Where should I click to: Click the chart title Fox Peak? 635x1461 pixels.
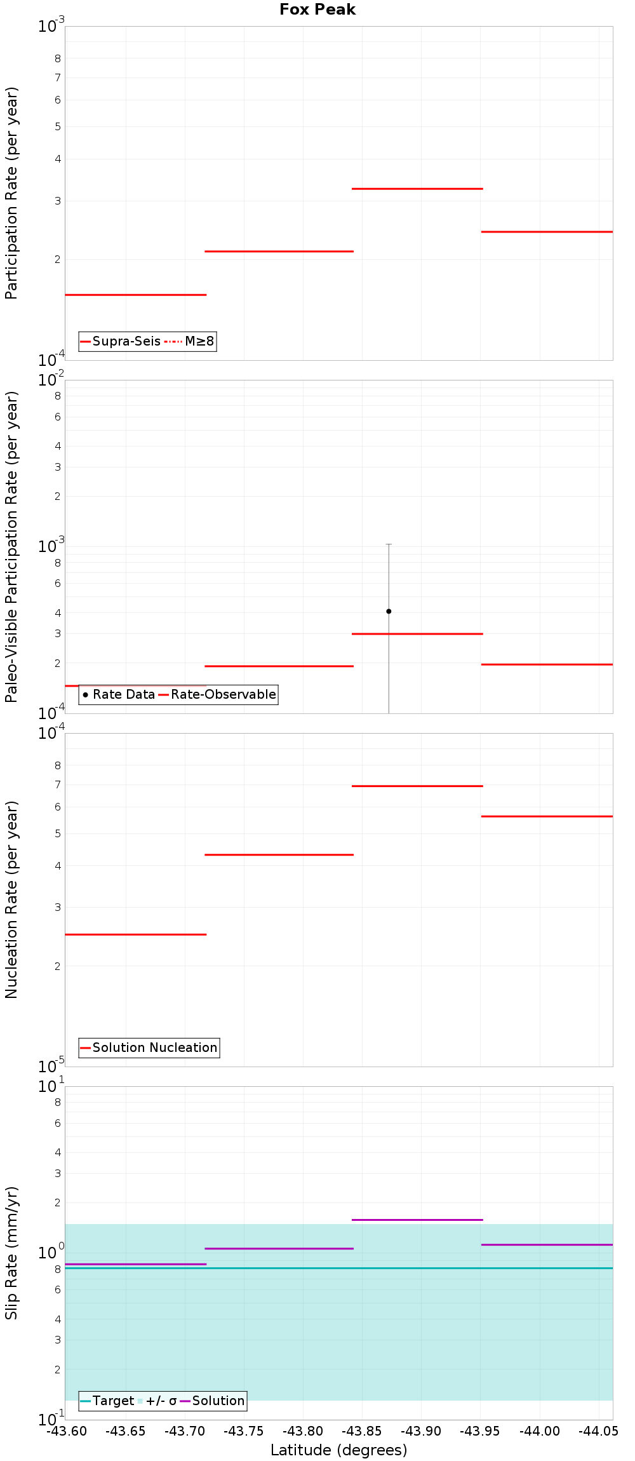[x=317, y=10]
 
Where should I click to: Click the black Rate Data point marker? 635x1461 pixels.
[x=389, y=611]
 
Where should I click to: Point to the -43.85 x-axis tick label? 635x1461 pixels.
[x=363, y=1431]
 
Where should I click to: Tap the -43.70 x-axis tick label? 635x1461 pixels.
[x=185, y=1431]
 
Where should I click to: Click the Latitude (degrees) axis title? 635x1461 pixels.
[x=338, y=1450]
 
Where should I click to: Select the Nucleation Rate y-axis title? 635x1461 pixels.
[x=11, y=899]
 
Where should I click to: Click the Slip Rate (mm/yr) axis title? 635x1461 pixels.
[x=11, y=1253]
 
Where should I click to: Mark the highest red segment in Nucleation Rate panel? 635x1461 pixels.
[x=417, y=786]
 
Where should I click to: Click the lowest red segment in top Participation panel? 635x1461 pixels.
[x=135, y=295]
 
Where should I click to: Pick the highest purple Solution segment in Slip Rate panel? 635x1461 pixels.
[x=417, y=1220]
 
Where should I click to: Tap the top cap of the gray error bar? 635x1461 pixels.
[x=389, y=544]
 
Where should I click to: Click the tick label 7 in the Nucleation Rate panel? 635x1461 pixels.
[x=58, y=784]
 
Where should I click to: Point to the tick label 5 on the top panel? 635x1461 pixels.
[x=58, y=126]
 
